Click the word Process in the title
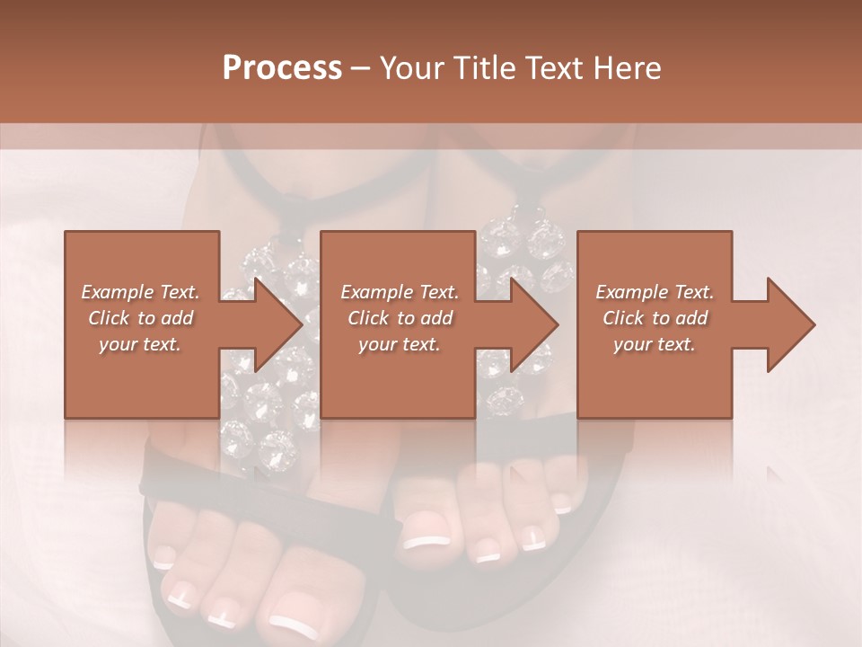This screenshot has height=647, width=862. point(282,68)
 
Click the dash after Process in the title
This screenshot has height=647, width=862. point(361,69)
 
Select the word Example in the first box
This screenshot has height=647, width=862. point(117,292)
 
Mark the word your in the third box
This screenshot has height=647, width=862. point(634,344)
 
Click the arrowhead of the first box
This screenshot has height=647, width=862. point(278,324)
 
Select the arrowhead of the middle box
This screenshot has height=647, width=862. point(534,324)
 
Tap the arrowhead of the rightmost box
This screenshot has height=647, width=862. point(791,324)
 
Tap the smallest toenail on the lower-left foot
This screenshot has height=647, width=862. point(163,563)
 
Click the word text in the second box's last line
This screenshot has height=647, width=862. point(420,344)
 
